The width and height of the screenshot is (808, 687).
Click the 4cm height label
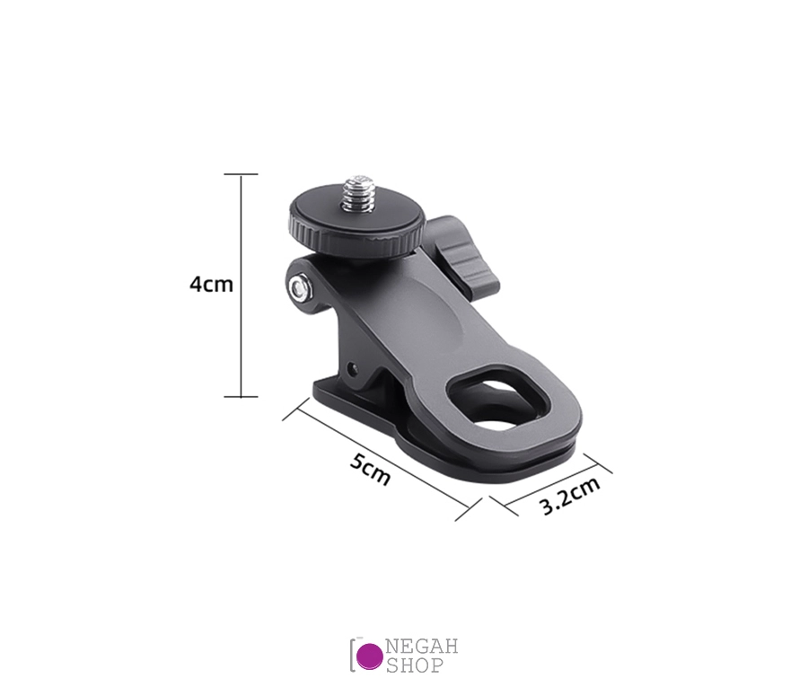[211, 284]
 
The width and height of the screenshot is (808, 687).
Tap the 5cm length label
[370, 469]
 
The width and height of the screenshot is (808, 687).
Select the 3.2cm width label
[570, 496]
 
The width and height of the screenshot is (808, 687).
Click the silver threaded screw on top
[358, 193]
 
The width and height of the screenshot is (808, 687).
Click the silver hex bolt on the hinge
[299, 288]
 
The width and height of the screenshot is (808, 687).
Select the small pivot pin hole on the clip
[352, 368]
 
